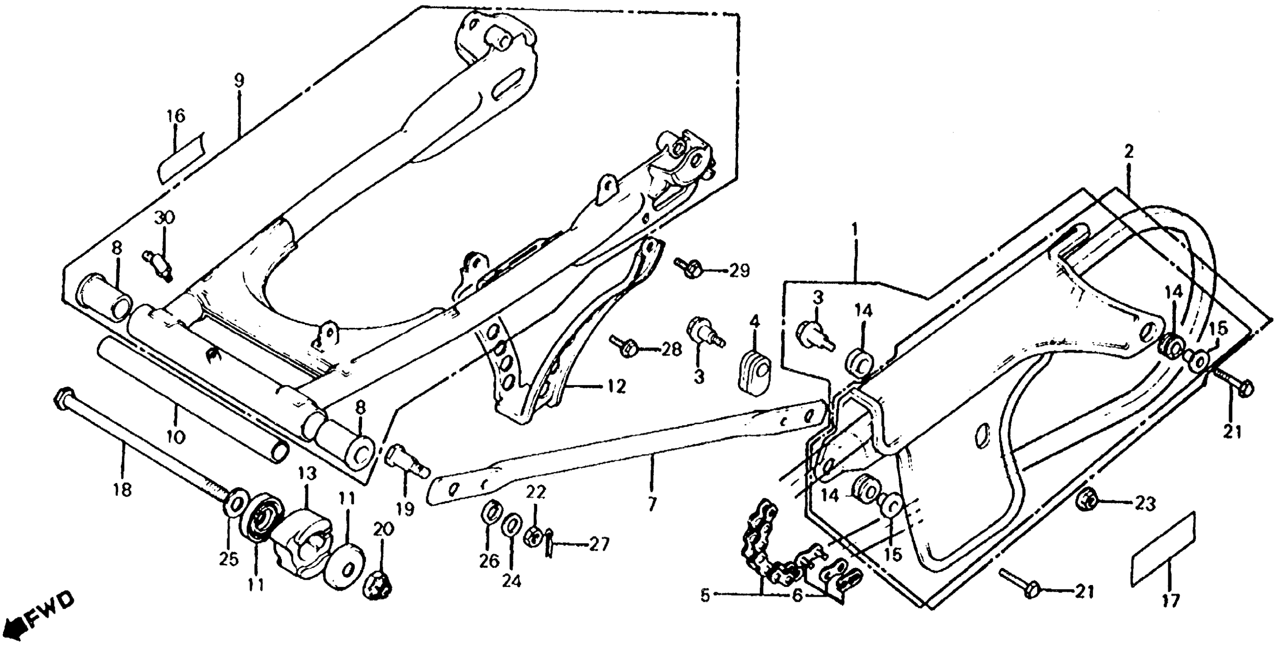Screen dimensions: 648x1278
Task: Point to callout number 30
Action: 165,218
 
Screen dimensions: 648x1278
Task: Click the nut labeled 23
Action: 1088,504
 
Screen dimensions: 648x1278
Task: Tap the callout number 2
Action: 1129,152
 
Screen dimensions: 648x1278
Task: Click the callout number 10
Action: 177,437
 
